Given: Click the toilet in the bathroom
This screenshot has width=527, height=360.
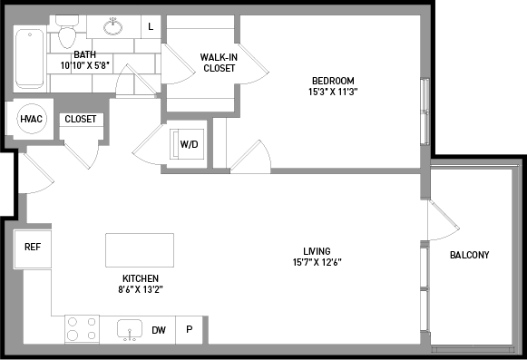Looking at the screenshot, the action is pyautogui.click(x=67, y=33).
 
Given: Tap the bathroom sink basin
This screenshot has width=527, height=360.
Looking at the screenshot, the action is pyautogui.click(x=112, y=26).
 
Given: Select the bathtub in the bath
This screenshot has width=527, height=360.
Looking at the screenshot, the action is pyautogui.click(x=30, y=59).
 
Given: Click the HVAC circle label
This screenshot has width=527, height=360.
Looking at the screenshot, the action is pyautogui.click(x=32, y=119).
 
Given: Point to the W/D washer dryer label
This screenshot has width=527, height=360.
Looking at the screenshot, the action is pyautogui.click(x=190, y=144).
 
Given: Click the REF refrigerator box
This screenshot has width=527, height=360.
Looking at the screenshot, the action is pyautogui.click(x=33, y=249).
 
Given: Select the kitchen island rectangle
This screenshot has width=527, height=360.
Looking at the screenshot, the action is pyautogui.click(x=140, y=250).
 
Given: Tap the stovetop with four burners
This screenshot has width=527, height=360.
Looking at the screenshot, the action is pyautogui.click(x=82, y=329).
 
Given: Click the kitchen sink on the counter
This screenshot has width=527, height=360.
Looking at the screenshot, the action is pyautogui.click(x=130, y=329).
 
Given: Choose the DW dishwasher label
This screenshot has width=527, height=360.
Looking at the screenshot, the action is pyautogui.click(x=159, y=330).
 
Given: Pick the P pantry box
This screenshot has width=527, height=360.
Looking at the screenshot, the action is pyautogui.click(x=190, y=330).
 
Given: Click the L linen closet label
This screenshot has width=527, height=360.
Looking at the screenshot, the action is pyautogui.click(x=151, y=26).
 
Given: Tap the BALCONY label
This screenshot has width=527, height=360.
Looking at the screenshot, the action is pyautogui.click(x=470, y=255).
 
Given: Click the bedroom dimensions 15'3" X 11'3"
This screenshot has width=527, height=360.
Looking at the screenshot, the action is pyautogui.click(x=333, y=92).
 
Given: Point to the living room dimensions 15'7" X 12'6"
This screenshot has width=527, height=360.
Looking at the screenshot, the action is pyautogui.click(x=317, y=262).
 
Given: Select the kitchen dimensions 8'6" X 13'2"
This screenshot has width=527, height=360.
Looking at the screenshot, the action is pyautogui.click(x=141, y=289).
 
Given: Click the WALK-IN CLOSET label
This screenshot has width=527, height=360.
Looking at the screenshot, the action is pyautogui.click(x=219, y=63).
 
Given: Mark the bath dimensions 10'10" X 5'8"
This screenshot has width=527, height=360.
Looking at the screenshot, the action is pyautogui.click(x=85, y=65).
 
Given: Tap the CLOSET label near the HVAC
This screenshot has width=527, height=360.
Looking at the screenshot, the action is pyautogui.click(x=81, y=119).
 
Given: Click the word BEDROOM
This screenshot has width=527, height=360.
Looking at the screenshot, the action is pyautogui.click(x=333, y=81).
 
